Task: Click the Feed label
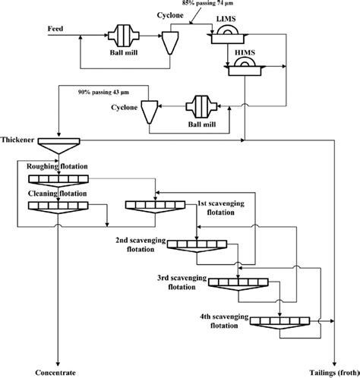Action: pos(55,29)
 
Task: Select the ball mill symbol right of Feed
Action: pos(124,36)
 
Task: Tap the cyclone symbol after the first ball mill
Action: pos(170,43)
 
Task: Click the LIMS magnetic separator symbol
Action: pos(227,36)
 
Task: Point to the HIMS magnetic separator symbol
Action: pos(245,67)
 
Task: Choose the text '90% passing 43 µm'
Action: pos(103,93)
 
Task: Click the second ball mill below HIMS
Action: pos(201,106)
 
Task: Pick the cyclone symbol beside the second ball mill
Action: pos(150,112)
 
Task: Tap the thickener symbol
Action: pos(58,146)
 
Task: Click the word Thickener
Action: pos(17,140)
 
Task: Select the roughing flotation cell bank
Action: pos(58,181)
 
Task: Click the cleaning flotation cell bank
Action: pos(58,207)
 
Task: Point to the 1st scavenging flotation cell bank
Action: pos(155,206)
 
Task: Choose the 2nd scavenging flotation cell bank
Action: pos(197,246)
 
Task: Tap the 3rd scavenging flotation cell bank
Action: pos(238,284)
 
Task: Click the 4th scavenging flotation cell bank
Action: pos(279,323)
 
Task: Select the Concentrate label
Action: pos(55,373)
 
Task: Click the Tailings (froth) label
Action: pos(334,373)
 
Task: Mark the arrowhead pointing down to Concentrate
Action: pos(58,364)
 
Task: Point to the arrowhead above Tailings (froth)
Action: pos(334,364)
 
